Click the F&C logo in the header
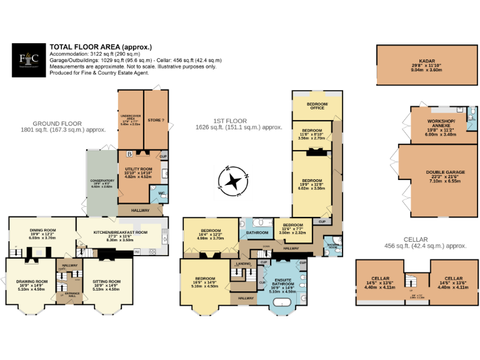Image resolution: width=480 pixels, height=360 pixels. [x=29, y=61]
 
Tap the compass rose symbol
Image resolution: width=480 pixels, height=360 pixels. [x=234, y=181]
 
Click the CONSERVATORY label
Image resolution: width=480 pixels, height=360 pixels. [x=101, y=181]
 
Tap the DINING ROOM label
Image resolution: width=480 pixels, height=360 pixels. [x=43, y=230]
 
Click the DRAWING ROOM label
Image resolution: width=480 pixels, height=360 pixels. [x=32, y=281]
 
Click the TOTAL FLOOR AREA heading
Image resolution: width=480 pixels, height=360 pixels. [x=101, y=47]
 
